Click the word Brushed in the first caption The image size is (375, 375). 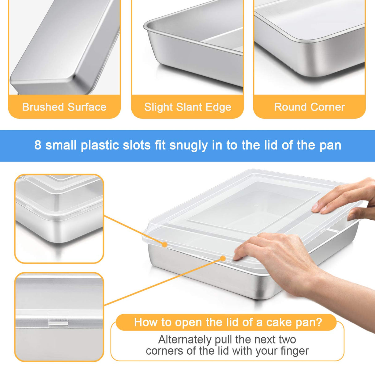[43, 107]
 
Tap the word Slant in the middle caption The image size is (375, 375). [188, 107]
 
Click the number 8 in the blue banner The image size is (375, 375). [38, 145]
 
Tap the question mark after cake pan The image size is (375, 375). [319, 322]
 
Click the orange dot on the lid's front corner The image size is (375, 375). [165, 245]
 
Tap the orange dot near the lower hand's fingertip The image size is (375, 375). [223, 258]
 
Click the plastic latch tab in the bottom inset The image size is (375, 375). [58, 319]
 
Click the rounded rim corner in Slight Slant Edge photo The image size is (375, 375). [147, 26]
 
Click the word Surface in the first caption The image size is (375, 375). [87, 107]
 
